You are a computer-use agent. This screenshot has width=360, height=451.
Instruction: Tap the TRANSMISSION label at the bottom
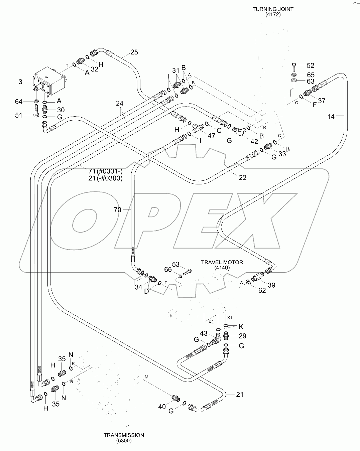tap(124, 435)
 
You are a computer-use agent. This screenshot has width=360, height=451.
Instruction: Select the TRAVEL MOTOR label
tap(222, 262)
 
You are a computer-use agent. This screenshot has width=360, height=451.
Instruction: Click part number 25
tap(134, 52)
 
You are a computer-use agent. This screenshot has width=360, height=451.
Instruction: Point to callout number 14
tap(331, 116)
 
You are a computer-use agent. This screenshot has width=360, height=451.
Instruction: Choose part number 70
tap(117, 209)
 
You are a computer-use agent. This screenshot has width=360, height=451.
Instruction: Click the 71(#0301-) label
tap(106, 172)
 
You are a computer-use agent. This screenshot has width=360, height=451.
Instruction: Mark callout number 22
tap(242, 177)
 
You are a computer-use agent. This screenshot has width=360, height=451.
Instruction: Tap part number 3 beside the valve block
tap(21, 81)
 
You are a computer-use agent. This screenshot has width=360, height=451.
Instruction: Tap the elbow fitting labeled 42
tap(240, 131)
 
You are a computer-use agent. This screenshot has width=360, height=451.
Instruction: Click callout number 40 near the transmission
tap(162, 407)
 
